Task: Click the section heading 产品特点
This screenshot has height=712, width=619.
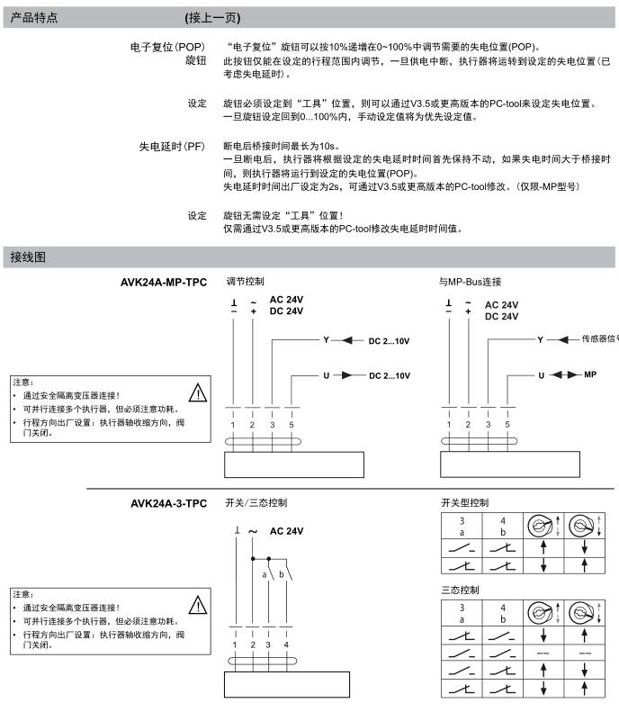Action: tap(31, 17)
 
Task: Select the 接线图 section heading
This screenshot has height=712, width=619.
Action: tap(26, 257)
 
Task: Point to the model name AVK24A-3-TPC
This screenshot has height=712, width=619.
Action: tap(169, 501)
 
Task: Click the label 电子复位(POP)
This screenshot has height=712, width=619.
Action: tap(168, 46)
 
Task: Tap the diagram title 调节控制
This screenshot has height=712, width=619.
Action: tap(245, 282)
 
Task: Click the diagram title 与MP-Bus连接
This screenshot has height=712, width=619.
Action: tap(470, 282)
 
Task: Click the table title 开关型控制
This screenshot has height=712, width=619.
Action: tap(464, 500)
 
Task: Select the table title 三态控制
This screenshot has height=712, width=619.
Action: tap(459, 590)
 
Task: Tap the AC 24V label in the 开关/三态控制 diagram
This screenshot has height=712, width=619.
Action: tap(282, 531)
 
